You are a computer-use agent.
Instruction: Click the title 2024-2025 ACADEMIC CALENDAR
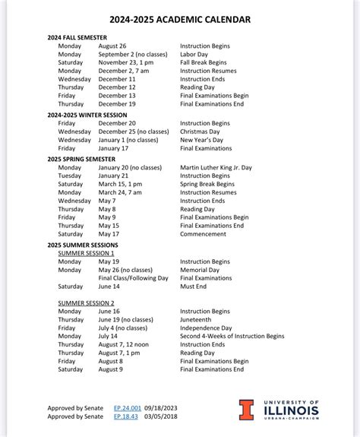coord(179,19)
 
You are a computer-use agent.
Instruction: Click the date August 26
coord(112,46)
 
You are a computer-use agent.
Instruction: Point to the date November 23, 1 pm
coord(126,63)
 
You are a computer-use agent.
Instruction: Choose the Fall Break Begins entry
coord(203,63)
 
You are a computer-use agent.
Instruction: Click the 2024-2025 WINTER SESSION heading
coord(87,115)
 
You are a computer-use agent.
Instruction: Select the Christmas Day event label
coord(200,131)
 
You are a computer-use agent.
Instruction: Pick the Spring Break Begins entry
coord(207,184)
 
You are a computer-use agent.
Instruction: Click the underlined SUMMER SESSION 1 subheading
coord(92,253)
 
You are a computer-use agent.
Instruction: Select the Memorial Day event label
coord(200,270)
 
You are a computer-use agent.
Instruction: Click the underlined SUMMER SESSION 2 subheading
coord(92,303)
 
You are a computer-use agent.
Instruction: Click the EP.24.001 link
coord(128,407)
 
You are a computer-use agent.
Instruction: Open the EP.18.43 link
coord(126,416)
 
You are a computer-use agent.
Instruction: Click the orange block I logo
coord(247,410)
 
